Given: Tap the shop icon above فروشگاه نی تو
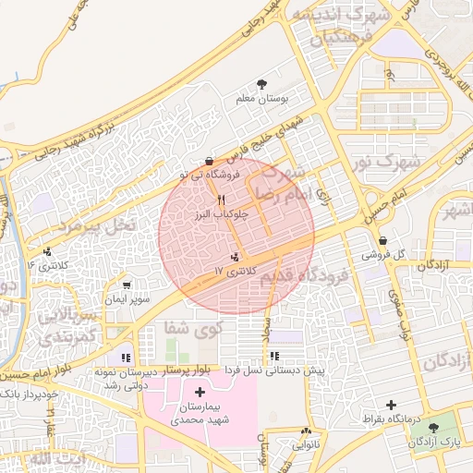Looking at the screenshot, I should pos(211,160).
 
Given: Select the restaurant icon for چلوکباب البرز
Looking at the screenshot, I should pos(220,200).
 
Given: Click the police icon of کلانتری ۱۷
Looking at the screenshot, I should pos(235,256).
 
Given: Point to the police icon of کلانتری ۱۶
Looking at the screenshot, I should pos(47,251).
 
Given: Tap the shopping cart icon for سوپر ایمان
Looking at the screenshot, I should pos(127,285).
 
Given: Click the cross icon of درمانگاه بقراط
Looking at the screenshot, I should pos(391,406).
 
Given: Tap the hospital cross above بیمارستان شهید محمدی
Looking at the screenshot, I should pos(200,392).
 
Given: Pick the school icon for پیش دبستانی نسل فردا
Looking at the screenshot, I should pos(274,355).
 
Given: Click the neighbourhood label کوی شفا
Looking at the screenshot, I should pos(189,327).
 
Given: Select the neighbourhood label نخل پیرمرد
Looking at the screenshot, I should pos(95,224).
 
